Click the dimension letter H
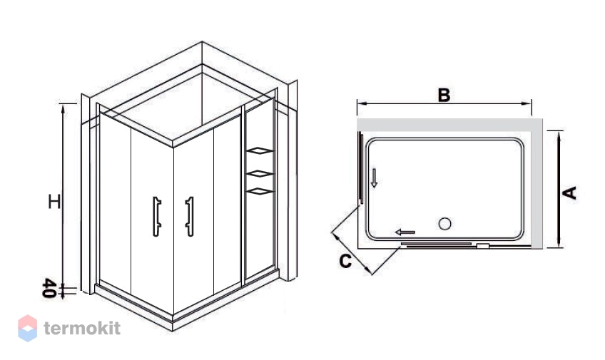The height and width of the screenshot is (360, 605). [54, 202]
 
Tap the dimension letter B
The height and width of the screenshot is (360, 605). [444, 95]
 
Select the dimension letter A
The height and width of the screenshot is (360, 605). [570, 192]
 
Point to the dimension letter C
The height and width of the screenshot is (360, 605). [345, 261]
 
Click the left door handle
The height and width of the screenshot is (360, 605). [157, 216]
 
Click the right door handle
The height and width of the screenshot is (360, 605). [190, 216]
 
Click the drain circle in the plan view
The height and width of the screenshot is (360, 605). [445, 224]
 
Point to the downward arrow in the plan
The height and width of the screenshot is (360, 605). [374, 178]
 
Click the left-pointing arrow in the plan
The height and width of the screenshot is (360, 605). [405, 232]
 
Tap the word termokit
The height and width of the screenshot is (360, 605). [82, 328]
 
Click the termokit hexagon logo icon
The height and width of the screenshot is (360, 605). [28, 329]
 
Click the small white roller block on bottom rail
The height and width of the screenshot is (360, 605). [483, 245]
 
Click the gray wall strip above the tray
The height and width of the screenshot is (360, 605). [444, 125]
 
